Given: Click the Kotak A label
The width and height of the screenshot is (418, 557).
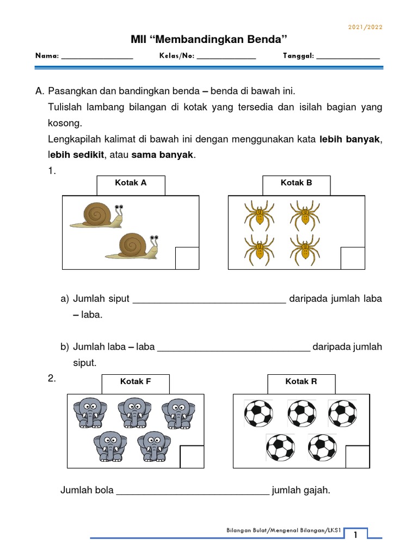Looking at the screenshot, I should [131, 183].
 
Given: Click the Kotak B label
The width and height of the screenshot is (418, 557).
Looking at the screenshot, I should [296, 183].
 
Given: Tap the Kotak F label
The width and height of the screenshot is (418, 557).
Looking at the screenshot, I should [136, 382].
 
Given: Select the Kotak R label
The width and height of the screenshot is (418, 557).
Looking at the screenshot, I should [301, 382].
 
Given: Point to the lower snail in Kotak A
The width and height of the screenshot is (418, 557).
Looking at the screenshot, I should [132, 245].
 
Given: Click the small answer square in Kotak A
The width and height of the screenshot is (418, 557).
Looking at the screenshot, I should [187, 257].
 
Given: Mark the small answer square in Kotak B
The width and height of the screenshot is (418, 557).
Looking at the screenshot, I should [352, 257].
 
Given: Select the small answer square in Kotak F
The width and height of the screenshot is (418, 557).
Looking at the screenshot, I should [192, 456].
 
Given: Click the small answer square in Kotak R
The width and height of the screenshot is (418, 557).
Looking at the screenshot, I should [356, 456].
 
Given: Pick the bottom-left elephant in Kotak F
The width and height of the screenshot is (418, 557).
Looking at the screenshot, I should [110, 446].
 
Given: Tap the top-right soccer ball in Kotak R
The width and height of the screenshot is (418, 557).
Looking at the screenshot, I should [342, 414].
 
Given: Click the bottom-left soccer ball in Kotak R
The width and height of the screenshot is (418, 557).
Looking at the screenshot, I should [280, 448].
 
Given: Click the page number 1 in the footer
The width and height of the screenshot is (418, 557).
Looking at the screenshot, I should [355, 536].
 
